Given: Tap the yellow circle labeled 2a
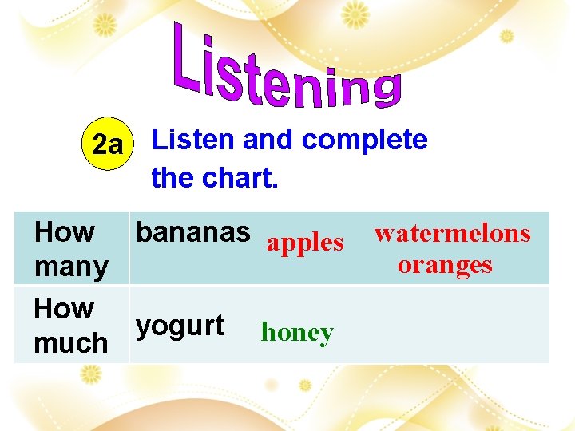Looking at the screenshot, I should (108, 146).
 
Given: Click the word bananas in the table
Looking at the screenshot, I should (192, 232).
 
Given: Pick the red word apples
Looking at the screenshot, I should (305, 243).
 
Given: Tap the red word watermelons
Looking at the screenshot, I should (452, 233).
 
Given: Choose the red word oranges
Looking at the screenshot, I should (445, 264).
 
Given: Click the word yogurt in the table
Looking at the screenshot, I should (180, 326).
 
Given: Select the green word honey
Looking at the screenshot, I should (296, 332).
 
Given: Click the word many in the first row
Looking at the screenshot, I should (71, 266).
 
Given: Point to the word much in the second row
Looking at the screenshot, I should (70, 342).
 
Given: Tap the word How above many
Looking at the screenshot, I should (65, 232).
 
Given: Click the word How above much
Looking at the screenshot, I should (64, 308).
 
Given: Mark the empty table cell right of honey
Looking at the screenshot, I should (447, 325).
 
